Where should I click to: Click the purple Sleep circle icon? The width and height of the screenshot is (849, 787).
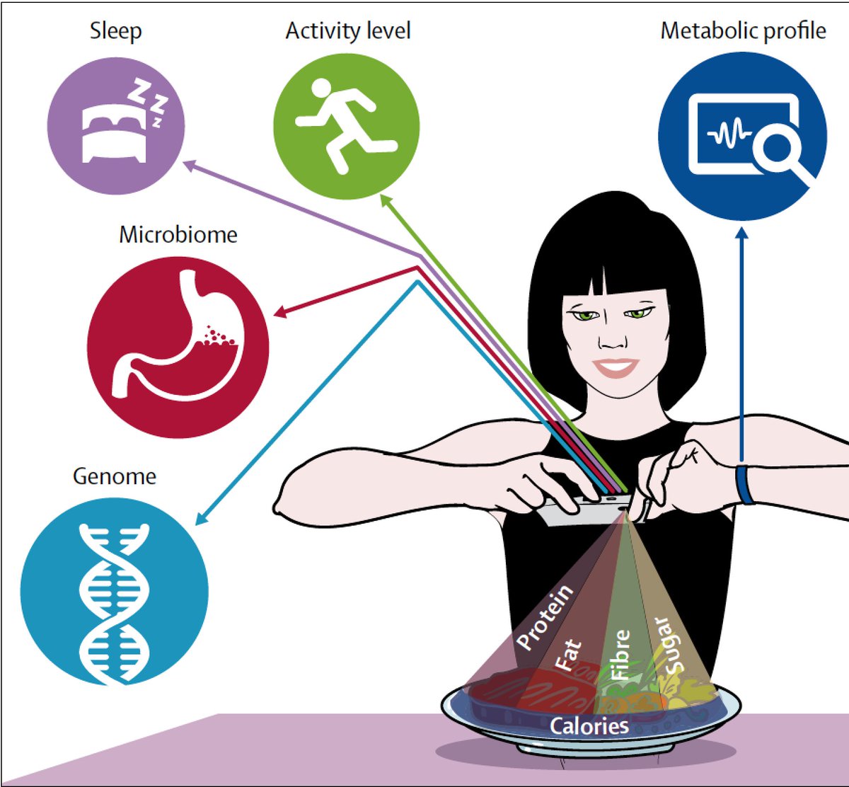pos(116,125)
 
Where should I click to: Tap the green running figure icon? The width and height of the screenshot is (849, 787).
pos(346,126)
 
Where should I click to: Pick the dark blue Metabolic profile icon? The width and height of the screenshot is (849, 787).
pos(742,136)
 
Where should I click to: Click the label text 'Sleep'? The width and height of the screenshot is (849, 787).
pos(115,31)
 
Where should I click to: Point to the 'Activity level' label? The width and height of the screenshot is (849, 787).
pos(347,31)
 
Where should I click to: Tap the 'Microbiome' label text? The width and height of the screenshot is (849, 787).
pos(178,234)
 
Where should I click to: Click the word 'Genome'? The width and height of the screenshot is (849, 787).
pos(114,476)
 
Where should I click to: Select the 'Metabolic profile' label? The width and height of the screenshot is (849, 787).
pos(743,31)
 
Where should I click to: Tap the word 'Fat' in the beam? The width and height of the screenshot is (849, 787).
pos(570,655)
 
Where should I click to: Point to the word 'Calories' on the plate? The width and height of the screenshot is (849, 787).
pos(589,726)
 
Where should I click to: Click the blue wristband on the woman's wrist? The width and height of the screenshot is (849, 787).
pos(744,484)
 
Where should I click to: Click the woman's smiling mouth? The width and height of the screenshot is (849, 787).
pos(616,368)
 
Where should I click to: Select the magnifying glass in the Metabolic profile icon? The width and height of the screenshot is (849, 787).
pos(775,151)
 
